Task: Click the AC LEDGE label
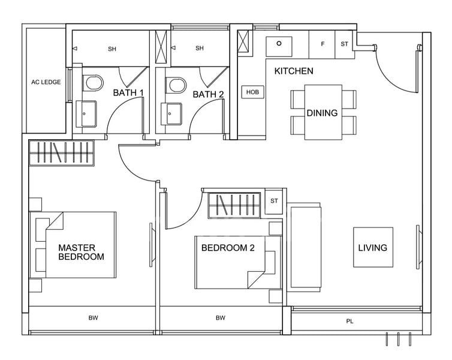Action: pos(46,82)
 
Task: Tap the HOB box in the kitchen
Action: pos(252,92)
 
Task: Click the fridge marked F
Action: pos(323,44)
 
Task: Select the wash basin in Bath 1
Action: pos(86,114)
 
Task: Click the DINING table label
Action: pos(323,113)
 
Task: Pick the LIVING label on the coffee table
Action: pos(373,247)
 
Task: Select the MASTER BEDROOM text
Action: pos(81,252)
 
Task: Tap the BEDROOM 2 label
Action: pos(228,247)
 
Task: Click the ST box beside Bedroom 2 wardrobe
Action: pos(275,200)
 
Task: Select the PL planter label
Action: pos(350,322)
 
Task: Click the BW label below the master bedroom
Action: pos(93,318)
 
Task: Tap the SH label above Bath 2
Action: pos(200,49)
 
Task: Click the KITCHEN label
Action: pos(294,71)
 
